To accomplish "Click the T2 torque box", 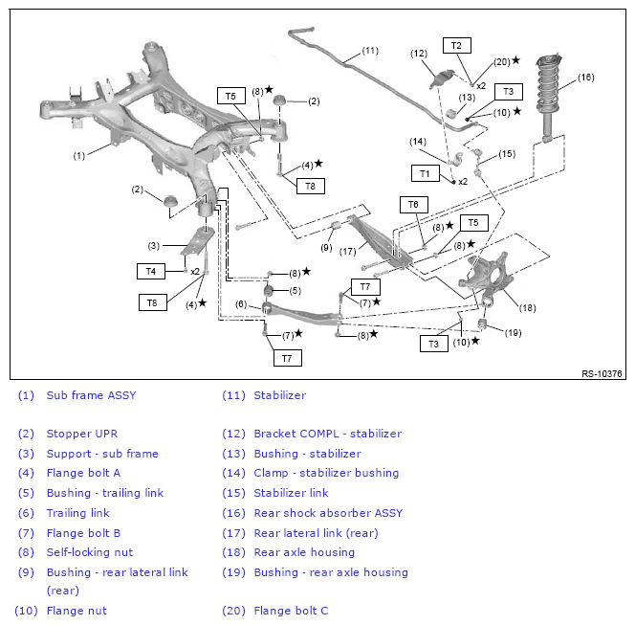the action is [x=457, y=45].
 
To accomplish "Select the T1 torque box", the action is [x=426, y=173].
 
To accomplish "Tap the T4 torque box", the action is [x=151, y=271].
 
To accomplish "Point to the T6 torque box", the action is [x=413, y=205].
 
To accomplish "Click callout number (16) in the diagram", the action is [x=585, y=78].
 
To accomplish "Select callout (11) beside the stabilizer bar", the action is [x=370, y=51].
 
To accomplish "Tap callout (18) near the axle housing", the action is [x=527, y=308].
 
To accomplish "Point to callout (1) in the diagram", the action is [x=79, y=156].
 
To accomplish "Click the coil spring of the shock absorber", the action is [x=548, y=84].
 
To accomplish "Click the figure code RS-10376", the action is [x=602, y=373].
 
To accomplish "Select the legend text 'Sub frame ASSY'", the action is [x=91, y=395].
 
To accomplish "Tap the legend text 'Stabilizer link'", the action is [x=291, y=493].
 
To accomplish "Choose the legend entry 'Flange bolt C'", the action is [x=291, y=611].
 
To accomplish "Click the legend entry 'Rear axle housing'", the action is [x=304, y=552].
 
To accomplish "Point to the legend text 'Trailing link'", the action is [x=77, y=513].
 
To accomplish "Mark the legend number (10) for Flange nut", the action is [x=27, y=611].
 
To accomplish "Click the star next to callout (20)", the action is [x=515, y=60].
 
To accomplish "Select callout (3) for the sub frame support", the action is [x=153, y=246].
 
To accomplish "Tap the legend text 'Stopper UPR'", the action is [x=82, y=434].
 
